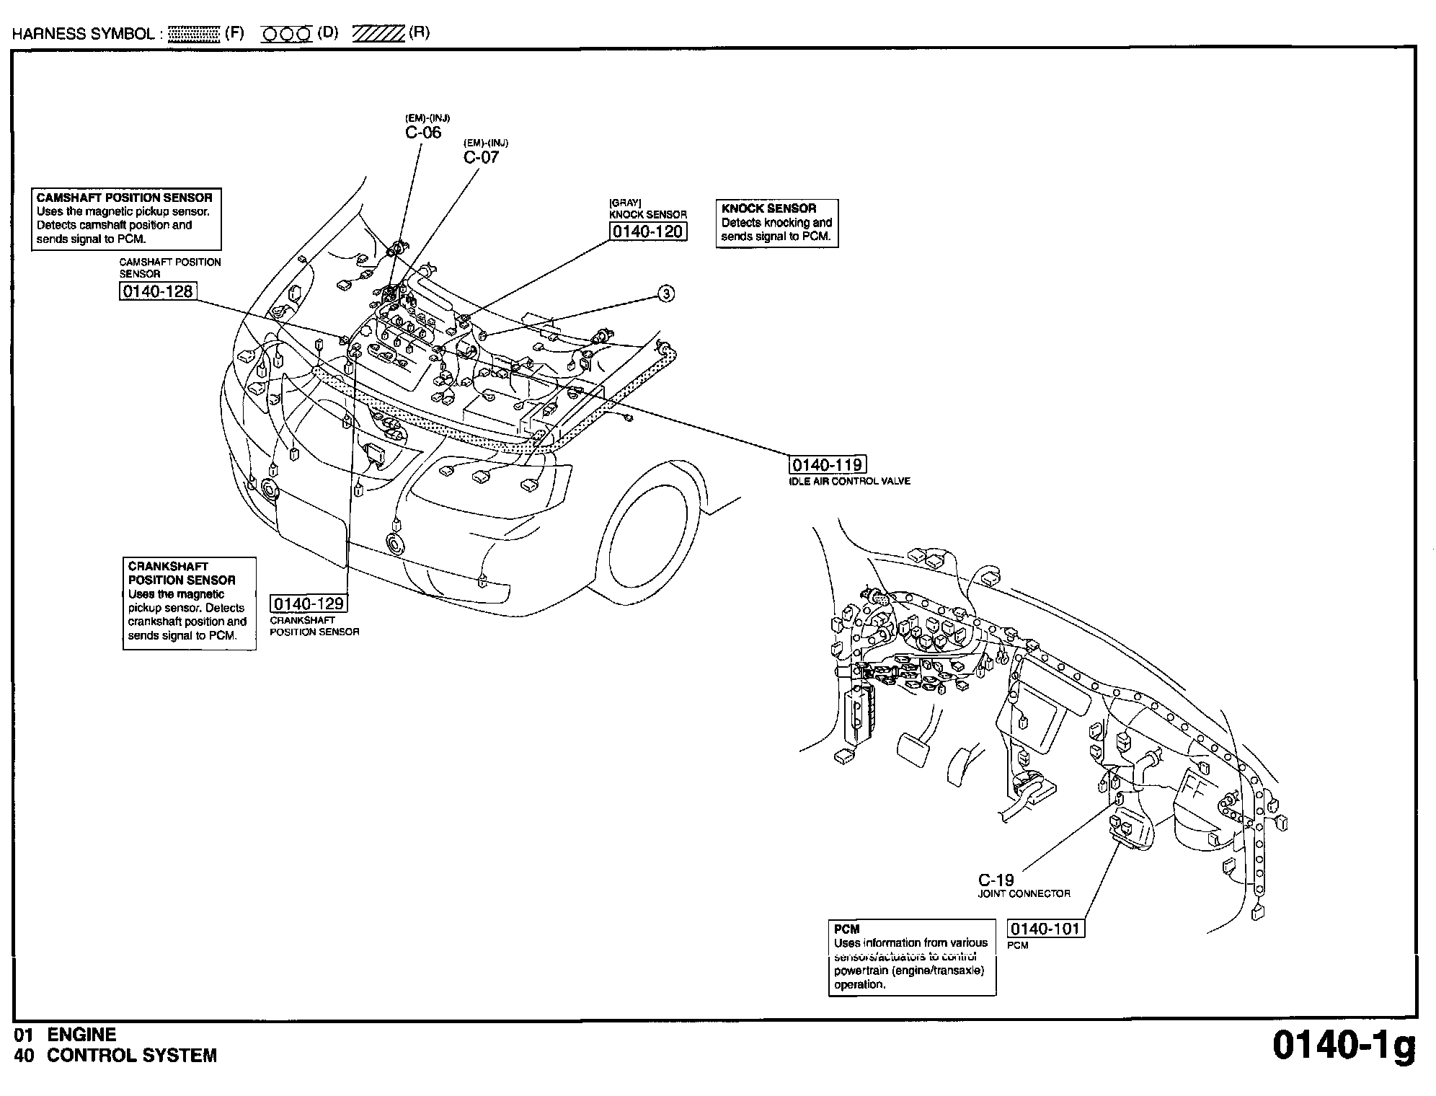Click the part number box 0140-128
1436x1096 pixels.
point(158,291)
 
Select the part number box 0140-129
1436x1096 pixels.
point(308,603)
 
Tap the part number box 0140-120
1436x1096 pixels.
point(647,231)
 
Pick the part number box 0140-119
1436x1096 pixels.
point(828,465)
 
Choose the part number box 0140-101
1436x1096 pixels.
point(1045,929)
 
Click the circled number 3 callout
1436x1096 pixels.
point(667,293)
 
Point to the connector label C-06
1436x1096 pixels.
point(423,133)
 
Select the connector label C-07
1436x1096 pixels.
point(481,157)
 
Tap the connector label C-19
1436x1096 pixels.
point(996,880)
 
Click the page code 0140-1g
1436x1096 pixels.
point(1343,1046)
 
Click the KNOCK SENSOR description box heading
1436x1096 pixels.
point(768,208)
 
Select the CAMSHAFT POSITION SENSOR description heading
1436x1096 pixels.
point(125,198)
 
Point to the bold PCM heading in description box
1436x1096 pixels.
point(847,929)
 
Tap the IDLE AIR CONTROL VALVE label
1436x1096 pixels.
point(849,482)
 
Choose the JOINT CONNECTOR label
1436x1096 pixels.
point(1024,894)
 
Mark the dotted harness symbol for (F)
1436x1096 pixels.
point(194,34)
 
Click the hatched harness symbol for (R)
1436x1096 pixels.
point(378,34)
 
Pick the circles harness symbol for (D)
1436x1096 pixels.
point(286,34)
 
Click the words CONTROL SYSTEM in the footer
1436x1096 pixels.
point(132,1056)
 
